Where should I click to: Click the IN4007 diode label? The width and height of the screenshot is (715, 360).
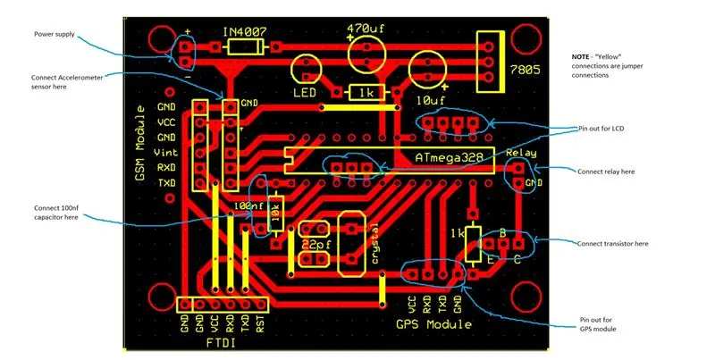coord(244,32)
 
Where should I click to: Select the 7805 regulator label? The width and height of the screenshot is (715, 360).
coord(525,70)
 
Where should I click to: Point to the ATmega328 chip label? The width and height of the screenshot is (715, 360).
coord(449,158)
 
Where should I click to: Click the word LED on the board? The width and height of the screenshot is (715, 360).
coord(305,93)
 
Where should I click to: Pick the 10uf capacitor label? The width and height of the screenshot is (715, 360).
coord(431,100)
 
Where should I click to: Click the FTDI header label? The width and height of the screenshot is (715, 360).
coord(221,343)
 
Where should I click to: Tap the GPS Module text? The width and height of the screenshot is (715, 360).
coord(433,324)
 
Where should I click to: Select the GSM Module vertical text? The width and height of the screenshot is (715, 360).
coord(140,143)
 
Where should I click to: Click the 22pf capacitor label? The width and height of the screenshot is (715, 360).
coord(316,245)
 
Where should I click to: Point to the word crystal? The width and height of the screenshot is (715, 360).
coord(374,244)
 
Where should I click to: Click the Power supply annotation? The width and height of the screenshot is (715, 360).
coord(55,34)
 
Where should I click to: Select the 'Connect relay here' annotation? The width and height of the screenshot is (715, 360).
coord(606,172)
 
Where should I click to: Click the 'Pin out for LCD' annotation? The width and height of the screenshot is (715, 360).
coord(601,129)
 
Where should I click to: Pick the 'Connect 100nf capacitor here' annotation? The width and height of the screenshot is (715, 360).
coord(56,213)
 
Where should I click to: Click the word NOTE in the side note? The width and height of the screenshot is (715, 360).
coord(580,57)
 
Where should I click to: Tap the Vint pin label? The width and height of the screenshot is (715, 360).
coord(165,153)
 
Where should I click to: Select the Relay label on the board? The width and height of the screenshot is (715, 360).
coord(521,153)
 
